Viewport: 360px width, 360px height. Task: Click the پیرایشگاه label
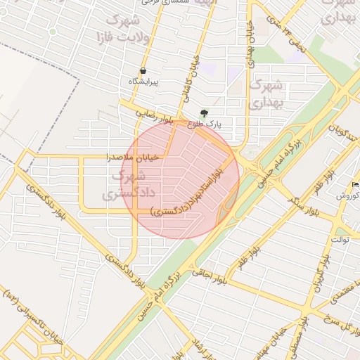[143, 82]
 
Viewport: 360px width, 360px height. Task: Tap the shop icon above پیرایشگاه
[143, 70]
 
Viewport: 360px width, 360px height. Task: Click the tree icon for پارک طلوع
[204, 112]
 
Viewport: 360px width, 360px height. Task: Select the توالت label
[342, 240]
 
